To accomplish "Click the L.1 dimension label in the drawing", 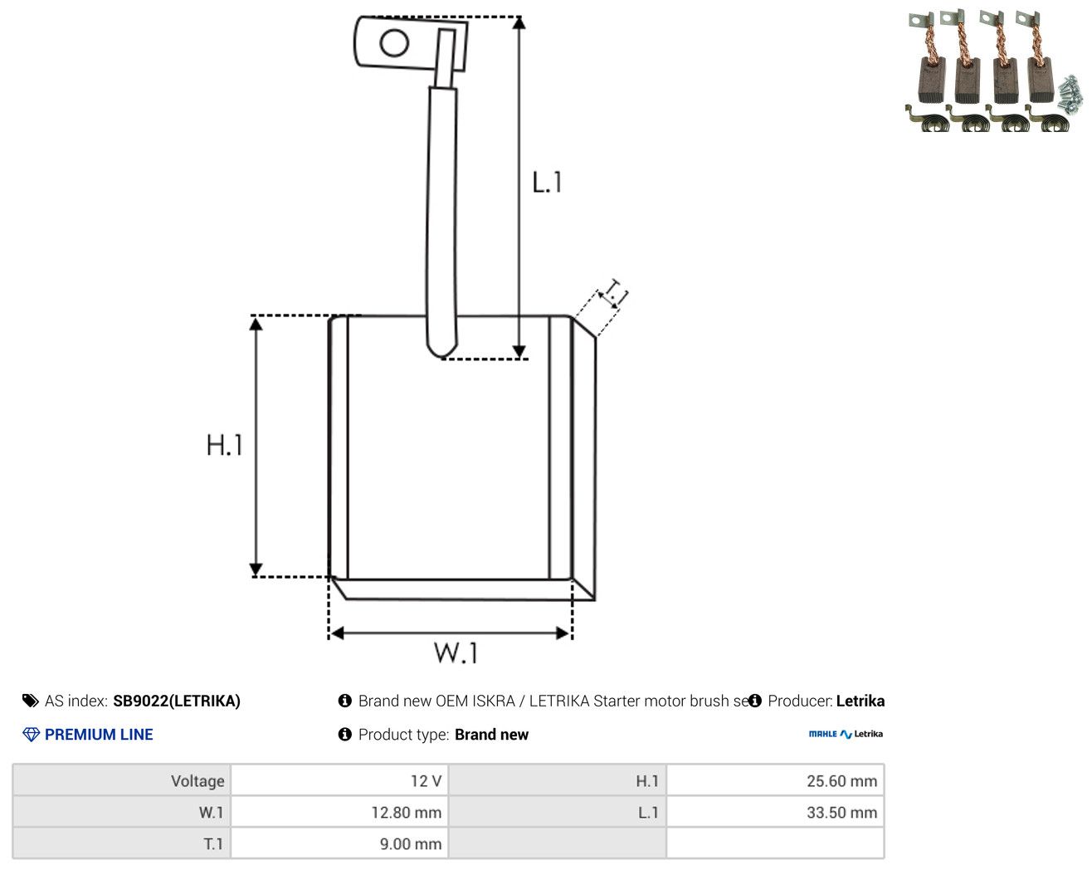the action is (547, 183).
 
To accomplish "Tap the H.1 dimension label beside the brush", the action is (224, 445).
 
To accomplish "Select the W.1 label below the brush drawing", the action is (456, 653).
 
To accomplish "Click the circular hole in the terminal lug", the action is (394, 43).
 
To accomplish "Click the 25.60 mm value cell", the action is (775, 780).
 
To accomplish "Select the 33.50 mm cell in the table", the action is (775, 812).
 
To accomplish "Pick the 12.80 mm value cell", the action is (339, 812).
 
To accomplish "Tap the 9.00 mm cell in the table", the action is (339, 843).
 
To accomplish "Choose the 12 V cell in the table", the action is (339, 780).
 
